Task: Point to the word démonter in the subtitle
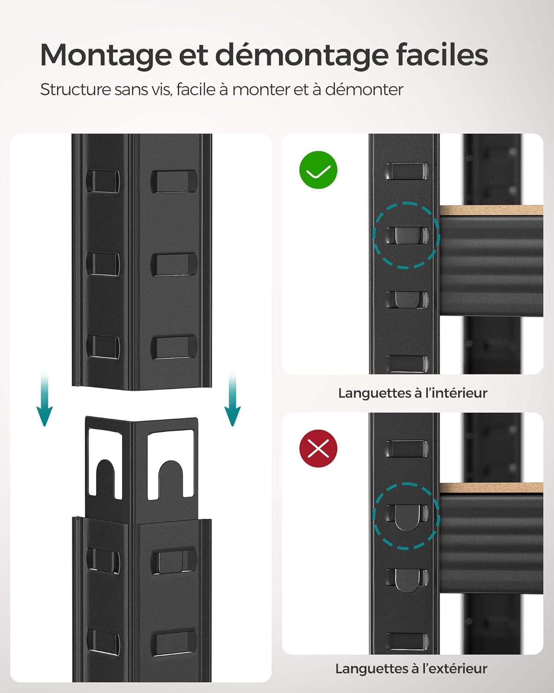[364, 89]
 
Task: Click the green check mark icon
[319, 170]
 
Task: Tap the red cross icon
[319, 448]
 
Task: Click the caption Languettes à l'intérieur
[412, 393]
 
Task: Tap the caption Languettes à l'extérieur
[411, 669]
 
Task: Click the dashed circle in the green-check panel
[406, 235]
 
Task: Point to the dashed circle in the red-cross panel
[406, 516]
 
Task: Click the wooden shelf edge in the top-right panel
[491, 211]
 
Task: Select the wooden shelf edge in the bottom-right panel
[491, 488]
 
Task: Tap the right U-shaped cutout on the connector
[170, 478]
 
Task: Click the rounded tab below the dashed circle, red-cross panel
[407, 579]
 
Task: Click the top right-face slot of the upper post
[174, 181]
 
